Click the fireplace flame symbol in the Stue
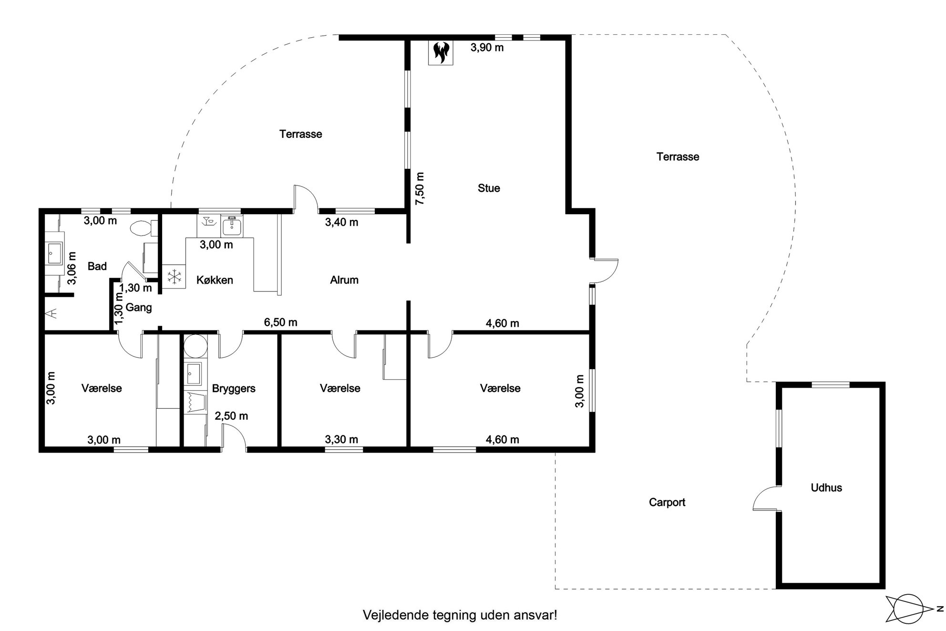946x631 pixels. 441,52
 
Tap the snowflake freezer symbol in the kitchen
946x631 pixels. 175,277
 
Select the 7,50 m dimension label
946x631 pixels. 419,188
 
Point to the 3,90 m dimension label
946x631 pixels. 487,47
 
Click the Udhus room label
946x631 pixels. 826,487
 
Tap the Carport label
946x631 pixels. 667,502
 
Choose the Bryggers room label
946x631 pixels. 234,389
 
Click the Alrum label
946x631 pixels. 344,280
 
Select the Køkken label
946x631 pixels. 215,280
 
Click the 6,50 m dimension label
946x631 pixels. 281,322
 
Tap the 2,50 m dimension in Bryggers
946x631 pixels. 231,416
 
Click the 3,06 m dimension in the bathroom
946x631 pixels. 72,268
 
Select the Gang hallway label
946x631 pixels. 139,308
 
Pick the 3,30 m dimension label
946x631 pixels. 341,439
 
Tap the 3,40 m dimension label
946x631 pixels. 341,222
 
